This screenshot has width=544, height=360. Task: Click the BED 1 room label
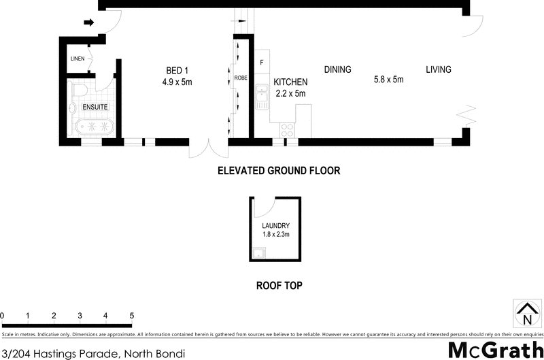pos(177,70)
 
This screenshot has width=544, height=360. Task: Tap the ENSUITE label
pos(95,108)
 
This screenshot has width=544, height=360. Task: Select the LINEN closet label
pos(78,59)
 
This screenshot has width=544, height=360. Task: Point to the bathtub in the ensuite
pos(93,127)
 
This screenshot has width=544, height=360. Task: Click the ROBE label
pos(241,78)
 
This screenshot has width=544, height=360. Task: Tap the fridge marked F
pos(262,63)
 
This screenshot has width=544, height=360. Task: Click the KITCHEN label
pos(290,82)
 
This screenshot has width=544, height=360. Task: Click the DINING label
pos(337,69)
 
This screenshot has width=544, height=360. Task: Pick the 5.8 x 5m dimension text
pos(389,80)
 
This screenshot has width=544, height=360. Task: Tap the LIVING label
pos(439,69)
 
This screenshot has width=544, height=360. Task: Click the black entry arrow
pos(88,22)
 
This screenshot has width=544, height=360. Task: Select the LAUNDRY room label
pos(276,226)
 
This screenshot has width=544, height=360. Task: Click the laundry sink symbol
pos(258,255)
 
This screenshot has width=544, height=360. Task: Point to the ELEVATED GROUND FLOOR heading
pos(278,171)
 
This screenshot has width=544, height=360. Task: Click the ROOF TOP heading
pos(279,286)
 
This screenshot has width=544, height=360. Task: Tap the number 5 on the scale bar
pos(132,316)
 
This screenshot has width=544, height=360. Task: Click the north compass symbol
pos(526,314)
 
